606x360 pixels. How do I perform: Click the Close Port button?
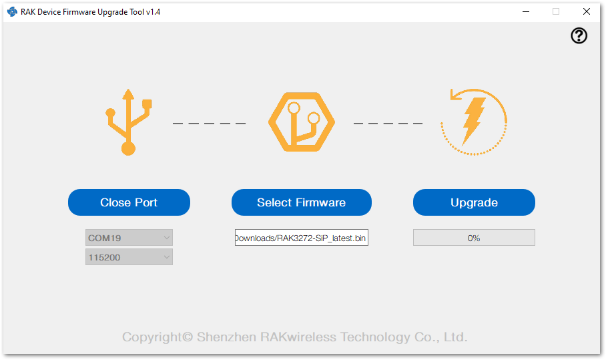(x=129, y=202)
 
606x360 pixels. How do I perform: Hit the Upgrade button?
(x=474, y=202)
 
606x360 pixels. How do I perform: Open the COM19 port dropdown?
(x=129, y=238)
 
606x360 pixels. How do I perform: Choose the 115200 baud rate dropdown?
(x=129, y=257)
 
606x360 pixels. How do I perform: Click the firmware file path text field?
(x=302, y=238)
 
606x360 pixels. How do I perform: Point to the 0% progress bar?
(x=474, y=238)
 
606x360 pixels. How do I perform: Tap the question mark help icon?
(x=579, y=35)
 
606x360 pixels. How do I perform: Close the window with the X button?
(x=586, y=11)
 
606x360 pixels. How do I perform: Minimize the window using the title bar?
(x=526, y=11)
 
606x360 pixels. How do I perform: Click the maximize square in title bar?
(x=556, y=11)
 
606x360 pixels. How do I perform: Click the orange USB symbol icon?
(x=129, y=122)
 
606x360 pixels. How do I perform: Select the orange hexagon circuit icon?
(x=302, y=122)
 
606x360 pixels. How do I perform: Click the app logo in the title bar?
(x=13, y=11)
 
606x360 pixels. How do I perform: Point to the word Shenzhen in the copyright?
(x=226, y=337)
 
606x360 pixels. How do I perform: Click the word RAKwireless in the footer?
(x=298, y=337)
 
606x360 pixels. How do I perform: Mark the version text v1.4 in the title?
(x=153, y=12)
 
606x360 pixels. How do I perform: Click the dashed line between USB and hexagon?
(x=209, y=124)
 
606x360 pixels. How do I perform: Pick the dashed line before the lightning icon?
(x=388, y=124)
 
